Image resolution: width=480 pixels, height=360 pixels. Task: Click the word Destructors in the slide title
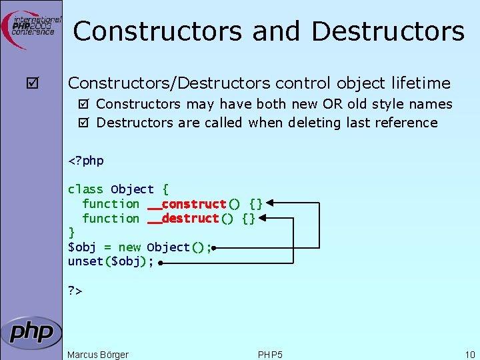pos(387,31)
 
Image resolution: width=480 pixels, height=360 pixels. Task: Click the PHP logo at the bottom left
pos(31,331)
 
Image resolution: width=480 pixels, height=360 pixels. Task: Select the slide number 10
pos(470,355)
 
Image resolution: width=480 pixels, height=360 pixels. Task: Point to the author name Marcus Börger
pos(98,355)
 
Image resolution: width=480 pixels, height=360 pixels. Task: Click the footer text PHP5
pos(270,355)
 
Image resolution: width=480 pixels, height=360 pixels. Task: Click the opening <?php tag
pos(86,161)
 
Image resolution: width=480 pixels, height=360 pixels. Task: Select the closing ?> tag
pos(75,291)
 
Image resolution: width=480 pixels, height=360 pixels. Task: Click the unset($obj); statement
pos(111,262)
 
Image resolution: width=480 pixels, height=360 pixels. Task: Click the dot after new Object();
pos(214,247)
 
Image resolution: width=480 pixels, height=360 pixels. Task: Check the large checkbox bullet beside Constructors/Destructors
pos(31,84)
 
